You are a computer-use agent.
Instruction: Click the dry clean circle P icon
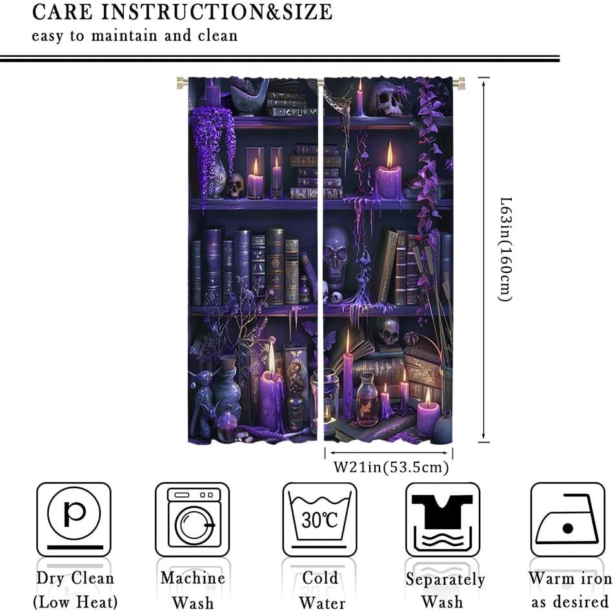pyautogui.click(x=74, y=519)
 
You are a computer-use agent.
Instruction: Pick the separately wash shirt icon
pyautogui.click(x=443, y=519)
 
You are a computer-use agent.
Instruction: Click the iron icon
pyautogui.click(x=567, y=519)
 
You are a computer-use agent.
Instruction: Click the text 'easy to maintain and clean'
pyautogui.click(x=135, y=35)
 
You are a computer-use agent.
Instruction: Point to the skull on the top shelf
pyautogui.click(x=386, y=98)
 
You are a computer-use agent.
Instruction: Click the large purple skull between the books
pyautogui.click(x=336, y=255)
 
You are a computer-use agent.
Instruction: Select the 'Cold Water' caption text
pyautogui.click(x=320, y=590)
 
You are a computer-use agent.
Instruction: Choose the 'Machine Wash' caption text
pyautogui.click(x=193, y=590)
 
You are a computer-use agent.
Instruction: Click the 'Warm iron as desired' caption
pyautogui.click(x=570, y=590)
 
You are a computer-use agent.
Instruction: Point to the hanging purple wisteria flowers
pyautogui.click(x=210, y=145)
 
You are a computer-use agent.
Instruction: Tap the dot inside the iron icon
pyautogui.click(x=568, y=528)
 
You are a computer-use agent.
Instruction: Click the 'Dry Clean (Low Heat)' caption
pyautogui.click(x=74, y=590)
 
